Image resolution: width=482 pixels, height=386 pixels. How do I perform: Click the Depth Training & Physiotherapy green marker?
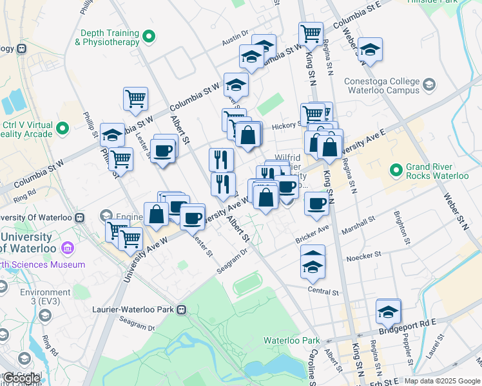tap(149, 37)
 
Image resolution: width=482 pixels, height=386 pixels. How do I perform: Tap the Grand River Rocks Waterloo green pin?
tap(395, 170)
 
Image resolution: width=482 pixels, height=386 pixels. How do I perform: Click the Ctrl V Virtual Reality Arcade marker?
tap(63, 128)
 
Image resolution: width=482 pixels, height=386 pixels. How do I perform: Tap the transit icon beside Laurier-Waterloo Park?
tap(182, 309)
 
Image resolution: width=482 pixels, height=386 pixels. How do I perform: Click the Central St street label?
tap(323, 291)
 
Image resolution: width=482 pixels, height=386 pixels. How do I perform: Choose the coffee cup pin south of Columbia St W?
tap(164, 151)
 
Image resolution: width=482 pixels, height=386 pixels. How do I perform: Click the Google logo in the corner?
tap(23, 378)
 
